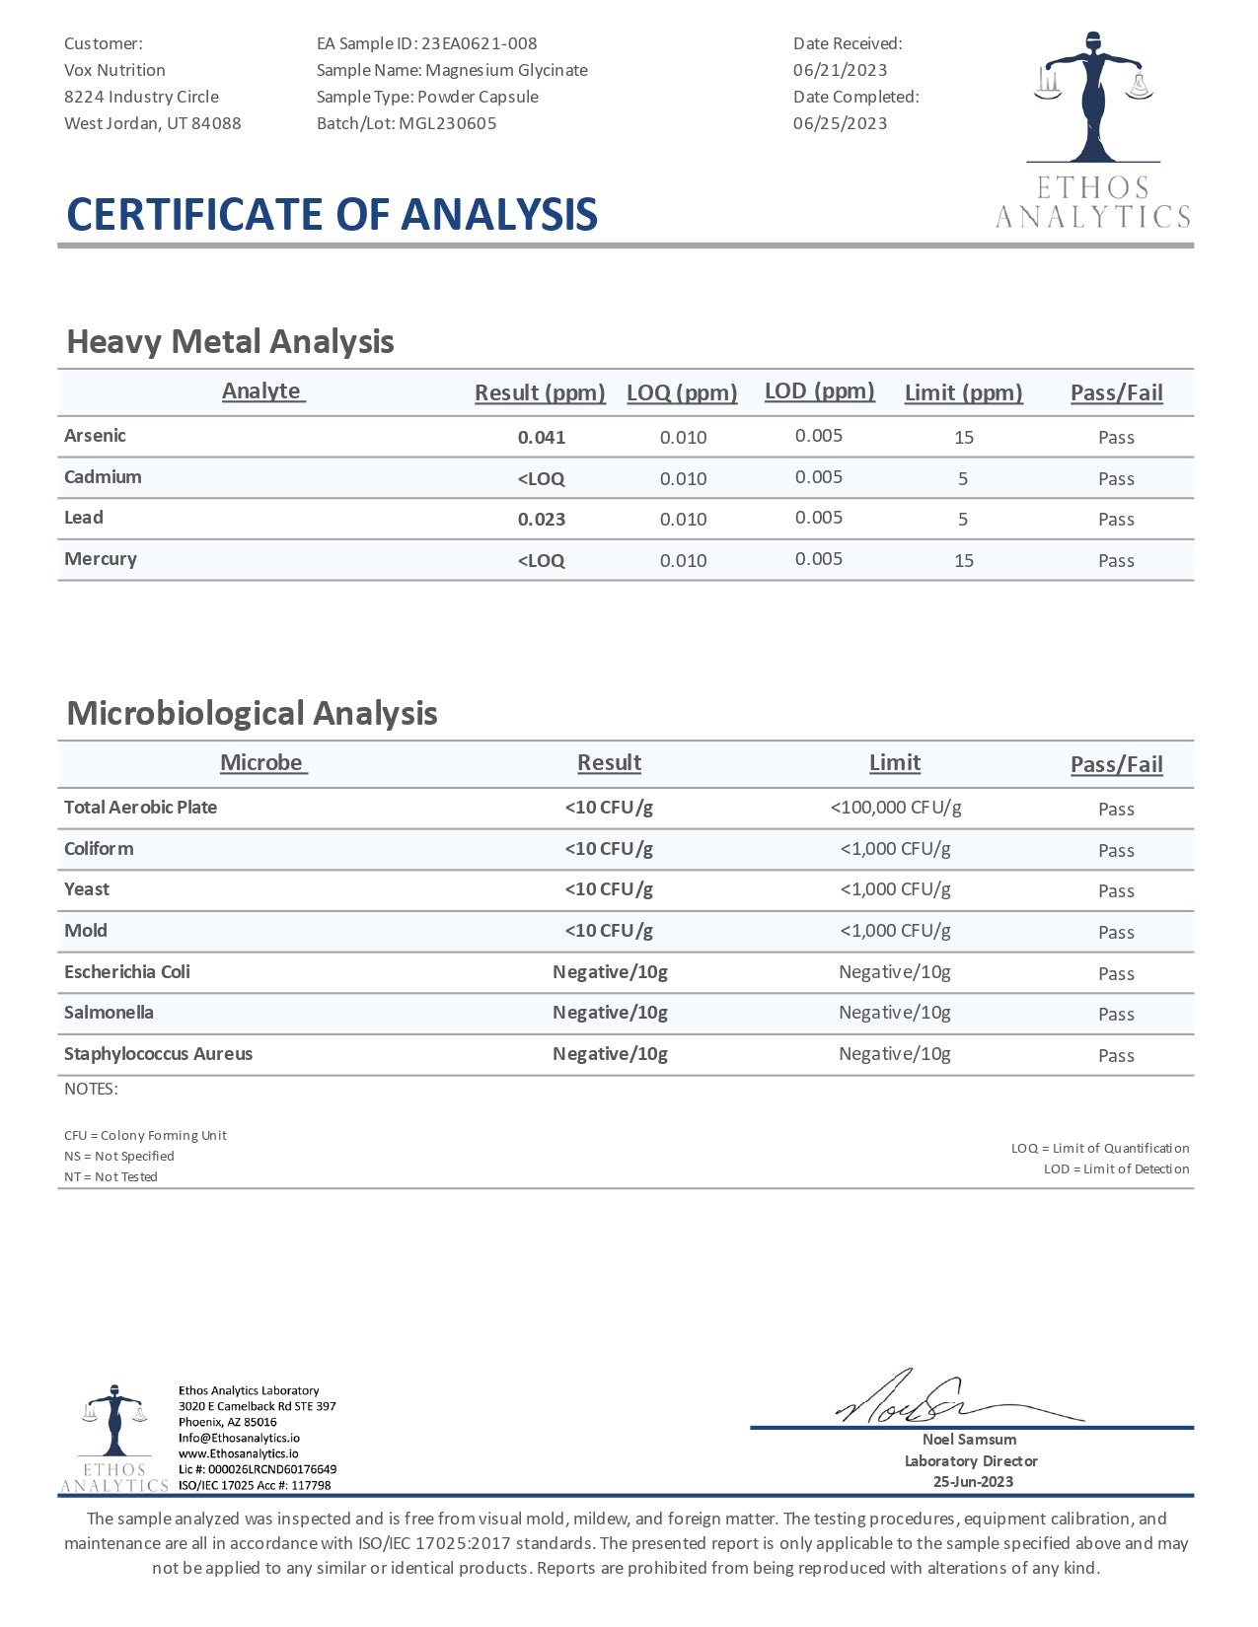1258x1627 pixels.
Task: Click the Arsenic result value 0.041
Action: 542,437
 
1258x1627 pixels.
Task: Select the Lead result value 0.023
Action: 542,520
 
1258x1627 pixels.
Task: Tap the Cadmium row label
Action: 103,477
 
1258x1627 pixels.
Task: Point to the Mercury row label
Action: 101,559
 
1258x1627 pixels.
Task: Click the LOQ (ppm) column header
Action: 682,392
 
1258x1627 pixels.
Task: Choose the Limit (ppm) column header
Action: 963,392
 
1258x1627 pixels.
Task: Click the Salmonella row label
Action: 109,1013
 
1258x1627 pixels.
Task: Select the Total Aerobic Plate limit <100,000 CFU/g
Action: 896,808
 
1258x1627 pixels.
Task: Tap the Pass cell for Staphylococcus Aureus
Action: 1116,1055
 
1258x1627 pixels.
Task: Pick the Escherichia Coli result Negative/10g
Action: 610,972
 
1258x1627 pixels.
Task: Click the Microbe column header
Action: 261,762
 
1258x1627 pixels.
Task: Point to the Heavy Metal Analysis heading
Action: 230,341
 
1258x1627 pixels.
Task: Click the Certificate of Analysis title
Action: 332,214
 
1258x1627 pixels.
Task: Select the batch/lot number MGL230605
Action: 448,123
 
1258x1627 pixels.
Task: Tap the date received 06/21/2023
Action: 840,70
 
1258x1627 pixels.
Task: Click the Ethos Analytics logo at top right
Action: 1093,128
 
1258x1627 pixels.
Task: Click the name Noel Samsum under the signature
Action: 969,1440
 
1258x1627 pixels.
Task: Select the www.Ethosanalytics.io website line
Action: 238,1453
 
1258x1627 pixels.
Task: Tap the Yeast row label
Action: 87,889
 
